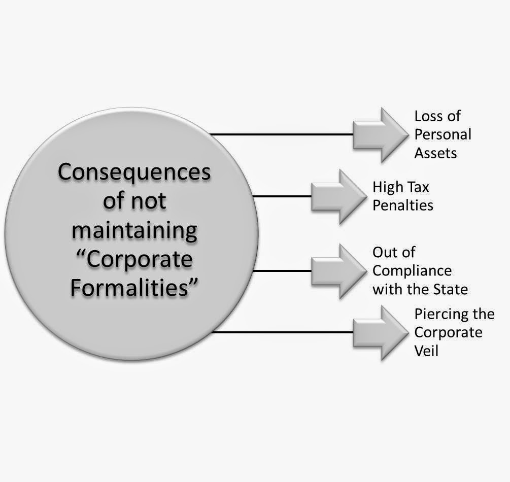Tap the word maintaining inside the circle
[134, 230]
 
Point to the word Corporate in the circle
[147, 260]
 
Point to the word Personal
[443, 134]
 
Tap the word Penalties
[403, 205]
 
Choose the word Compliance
[412, 271]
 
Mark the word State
[452, 289]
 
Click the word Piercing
[436, 314]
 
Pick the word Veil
[426, 350]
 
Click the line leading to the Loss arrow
[282, 134]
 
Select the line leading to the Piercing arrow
[282, 332]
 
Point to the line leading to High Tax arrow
[282, 196]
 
